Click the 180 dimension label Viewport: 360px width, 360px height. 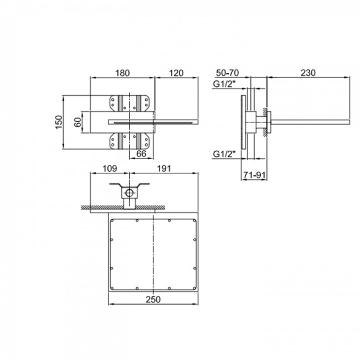click(122, 73)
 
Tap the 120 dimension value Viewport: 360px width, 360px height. click(176, 73)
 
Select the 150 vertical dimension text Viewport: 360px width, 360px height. click(59, 122)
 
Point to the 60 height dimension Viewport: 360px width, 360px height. click(78, 122)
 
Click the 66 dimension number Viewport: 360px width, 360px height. click(141, 153)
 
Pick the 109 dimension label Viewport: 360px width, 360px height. click(110, 168)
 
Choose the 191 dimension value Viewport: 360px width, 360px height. click(164, 168)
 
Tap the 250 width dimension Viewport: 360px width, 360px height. click(153, 300)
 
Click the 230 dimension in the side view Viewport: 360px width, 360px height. click(308, 73)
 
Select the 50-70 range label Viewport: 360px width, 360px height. click(227, 73)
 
